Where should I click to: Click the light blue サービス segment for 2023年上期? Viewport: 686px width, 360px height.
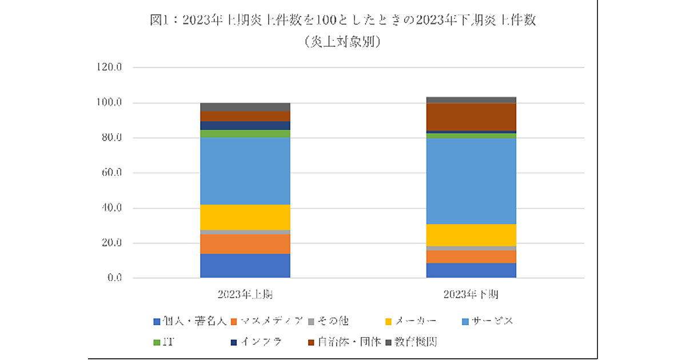click(245, 171)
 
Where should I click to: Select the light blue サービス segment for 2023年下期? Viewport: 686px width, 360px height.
click(471, 181)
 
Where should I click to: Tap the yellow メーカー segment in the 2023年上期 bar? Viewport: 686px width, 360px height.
click(245, 217)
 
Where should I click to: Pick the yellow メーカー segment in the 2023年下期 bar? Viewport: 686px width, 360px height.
click(471, 235)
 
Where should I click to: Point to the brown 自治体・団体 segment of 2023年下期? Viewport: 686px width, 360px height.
click(471, 117)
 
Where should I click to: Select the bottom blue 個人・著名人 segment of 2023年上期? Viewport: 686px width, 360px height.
click(245, 266)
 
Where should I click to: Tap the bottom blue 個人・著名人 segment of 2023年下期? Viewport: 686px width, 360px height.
click(471, 270)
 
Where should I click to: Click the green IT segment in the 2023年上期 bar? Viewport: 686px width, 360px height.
click(245, 134)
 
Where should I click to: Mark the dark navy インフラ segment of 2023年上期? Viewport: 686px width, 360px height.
click(245, 126)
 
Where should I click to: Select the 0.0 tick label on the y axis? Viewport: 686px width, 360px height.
click(114, 278)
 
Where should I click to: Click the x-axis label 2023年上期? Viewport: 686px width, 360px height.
click(245, 295)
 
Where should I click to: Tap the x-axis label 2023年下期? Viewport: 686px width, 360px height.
click(471, 295)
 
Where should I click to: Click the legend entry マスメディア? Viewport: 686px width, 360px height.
click(271, 321)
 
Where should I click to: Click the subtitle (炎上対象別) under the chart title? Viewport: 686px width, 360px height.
click(343, 41)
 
